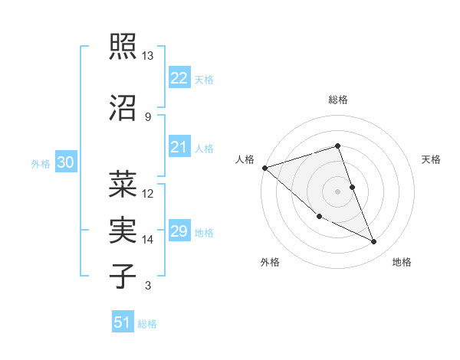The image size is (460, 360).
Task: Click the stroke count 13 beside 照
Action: tap(148, 56)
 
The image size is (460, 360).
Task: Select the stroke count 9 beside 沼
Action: tap(148, 116)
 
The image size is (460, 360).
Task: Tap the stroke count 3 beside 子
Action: tap(148, 286)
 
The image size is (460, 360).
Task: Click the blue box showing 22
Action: tap(179, 78)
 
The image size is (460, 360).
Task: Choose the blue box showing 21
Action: tap(179, 148)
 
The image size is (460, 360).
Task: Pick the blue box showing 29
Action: tap(179, 231)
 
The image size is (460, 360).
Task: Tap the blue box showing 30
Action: tap(65, 162)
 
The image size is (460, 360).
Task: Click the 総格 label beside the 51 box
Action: tap(147, 324)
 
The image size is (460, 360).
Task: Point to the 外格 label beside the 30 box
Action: tap(41, 163)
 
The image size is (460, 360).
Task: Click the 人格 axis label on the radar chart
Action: tap(245, 159)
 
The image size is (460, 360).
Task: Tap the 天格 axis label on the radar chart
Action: tap(432, 159)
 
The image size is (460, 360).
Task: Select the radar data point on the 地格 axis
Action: tap(374, 241)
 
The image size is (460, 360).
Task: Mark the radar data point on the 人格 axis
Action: tap(264, 167)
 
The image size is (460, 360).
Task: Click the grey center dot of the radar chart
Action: tap(337, 191)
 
